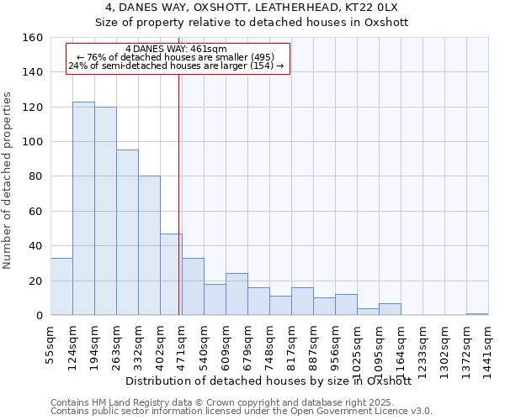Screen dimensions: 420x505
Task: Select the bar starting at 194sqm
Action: (105, 211)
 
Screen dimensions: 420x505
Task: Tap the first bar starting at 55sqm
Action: (61, 286)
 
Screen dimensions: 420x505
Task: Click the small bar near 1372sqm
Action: (477, 314)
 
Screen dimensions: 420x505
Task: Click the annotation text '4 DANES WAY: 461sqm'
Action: (176, 50)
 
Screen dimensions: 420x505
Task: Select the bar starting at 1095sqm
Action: (390, 309)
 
